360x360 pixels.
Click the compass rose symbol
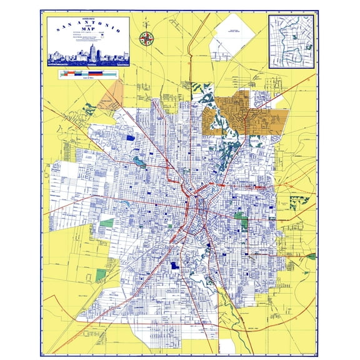[146, 38]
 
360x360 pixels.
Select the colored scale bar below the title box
[87, 74]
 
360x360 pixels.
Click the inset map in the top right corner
[290, 41]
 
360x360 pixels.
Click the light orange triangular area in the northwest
[112, 94]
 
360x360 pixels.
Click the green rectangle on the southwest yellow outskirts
[101, 274]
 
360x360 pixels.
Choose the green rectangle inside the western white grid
[107, 222]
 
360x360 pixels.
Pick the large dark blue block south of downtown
[174, 266]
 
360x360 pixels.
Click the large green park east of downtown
[241, 219]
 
